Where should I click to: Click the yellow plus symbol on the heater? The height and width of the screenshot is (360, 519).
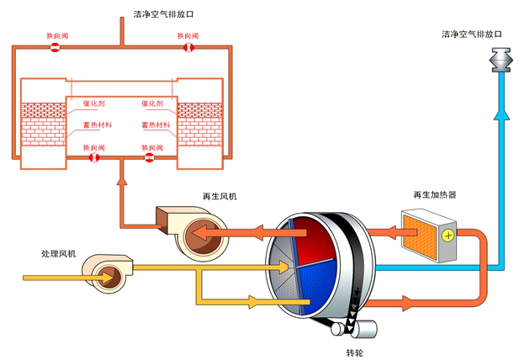click(448, 236)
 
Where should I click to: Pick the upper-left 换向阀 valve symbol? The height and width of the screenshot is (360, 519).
click(54, 47)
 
